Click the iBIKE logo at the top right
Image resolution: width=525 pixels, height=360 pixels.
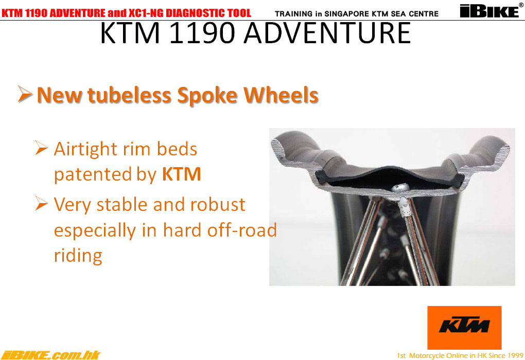tap(489, 11)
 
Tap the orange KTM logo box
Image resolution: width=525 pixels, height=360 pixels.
tap(464, 328)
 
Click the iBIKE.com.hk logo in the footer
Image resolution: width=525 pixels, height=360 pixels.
tap(50, 355)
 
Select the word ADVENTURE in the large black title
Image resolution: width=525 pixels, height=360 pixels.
tap(327, 33)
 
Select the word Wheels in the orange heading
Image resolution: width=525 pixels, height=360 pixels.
tap(281, 95)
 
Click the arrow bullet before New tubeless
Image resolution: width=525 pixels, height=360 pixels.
tap(25, 94)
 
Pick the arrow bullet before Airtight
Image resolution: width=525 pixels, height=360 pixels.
tap(41, 148)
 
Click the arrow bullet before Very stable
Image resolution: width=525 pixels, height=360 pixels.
tap(41, 203)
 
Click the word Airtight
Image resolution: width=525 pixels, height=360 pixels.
tap(86, 149)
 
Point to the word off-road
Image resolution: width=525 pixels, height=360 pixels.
tap(242, 230)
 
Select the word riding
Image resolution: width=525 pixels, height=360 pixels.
tap(78, 256)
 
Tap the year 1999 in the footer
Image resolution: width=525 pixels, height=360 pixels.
tap(515, 355)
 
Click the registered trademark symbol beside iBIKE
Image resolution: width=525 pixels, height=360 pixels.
tap(521, 5)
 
